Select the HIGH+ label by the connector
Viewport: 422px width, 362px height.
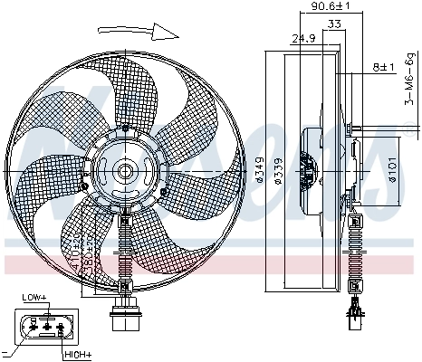(77, 355)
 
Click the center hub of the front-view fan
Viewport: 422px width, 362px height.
(124, 170)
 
